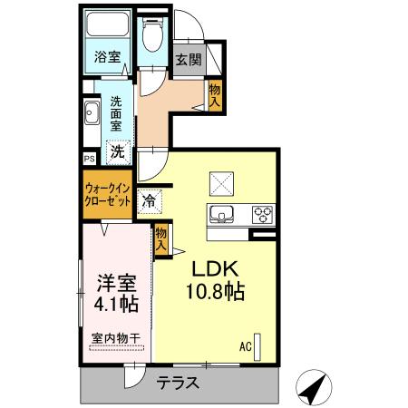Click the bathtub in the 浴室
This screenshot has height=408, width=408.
[108, 24]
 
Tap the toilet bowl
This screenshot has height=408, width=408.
[152, 34]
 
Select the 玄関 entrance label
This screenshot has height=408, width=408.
[189, 60]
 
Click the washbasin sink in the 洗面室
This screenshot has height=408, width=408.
[92, 112]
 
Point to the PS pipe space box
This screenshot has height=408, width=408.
[90, 159]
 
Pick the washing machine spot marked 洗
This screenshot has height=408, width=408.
[118, 152]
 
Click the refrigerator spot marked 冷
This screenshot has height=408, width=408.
[150, 201]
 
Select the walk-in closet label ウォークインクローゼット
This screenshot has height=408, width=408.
[108, 195]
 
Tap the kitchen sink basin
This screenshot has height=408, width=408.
[221, 214]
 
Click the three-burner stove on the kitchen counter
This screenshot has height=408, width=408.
[262, 214]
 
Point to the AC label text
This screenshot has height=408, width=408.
[246, 346]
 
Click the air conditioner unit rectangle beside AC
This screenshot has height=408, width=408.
[257, 347]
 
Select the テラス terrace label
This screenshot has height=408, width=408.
[178, 383]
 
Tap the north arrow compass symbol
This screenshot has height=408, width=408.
[314, 387]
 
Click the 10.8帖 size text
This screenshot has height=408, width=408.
[215, 291]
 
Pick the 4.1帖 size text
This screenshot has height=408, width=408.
[116, 304]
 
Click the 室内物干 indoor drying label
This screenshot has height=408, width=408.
[116, 338]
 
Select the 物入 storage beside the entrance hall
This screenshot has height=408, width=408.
[215, 95]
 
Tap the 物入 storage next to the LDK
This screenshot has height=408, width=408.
[160, 239]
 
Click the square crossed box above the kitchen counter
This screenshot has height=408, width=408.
[221, 184]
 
